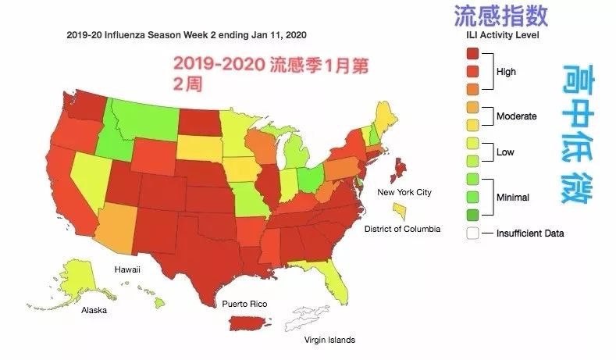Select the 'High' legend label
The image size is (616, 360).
(506, 72)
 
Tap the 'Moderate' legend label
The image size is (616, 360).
(517, 116)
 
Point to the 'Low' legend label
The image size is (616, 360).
(505, 152)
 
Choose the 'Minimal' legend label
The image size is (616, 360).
(513, 198)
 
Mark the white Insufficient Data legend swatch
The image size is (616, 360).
(472, 233)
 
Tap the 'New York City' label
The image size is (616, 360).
(404, 192)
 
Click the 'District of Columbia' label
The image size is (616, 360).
(402, 229)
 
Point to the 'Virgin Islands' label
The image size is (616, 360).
(329, 340)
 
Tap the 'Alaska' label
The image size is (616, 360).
(94, 310)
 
